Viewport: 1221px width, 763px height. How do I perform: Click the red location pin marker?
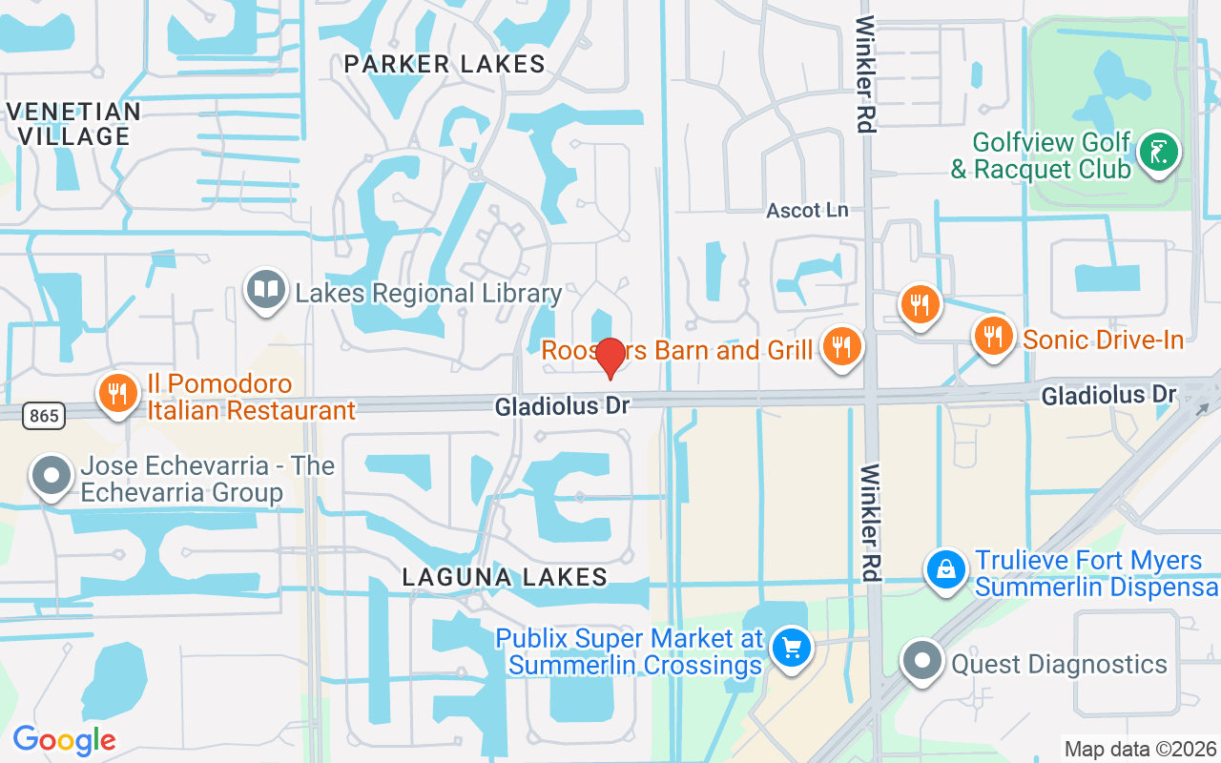(x=610, y=358)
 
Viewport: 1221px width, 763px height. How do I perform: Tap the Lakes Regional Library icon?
(x=265, y=289)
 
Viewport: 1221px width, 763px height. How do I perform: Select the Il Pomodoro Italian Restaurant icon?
(x=117, y=393)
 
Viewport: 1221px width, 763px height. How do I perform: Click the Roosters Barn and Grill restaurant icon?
(x=840, y=346)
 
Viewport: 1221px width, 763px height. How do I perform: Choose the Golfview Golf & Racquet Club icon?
(x=1159, y=152)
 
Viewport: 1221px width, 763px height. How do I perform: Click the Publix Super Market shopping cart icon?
(x=791, y=649)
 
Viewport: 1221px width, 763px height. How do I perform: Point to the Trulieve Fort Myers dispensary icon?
(x=945, y=570)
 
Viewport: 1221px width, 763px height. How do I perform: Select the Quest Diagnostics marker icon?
(x=921, y=661)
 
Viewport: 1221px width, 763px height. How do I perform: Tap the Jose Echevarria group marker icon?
(x=52, y=475)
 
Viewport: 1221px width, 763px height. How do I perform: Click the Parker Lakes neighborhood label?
(x=445, y=65)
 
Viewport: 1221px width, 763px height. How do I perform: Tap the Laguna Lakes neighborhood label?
(x=505, y=577)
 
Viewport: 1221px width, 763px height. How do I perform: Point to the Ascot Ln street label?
(x=807, y=210)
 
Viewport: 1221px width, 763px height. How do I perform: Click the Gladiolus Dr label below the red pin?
(x=562, y=406)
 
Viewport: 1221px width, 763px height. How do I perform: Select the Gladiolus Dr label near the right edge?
(x=1108, y=394)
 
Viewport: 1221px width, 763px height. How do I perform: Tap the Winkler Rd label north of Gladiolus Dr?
(x=865, y=73)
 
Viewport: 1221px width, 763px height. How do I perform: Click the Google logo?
(x=64, y=740)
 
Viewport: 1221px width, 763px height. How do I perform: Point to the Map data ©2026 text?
(x=1140, y=749)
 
